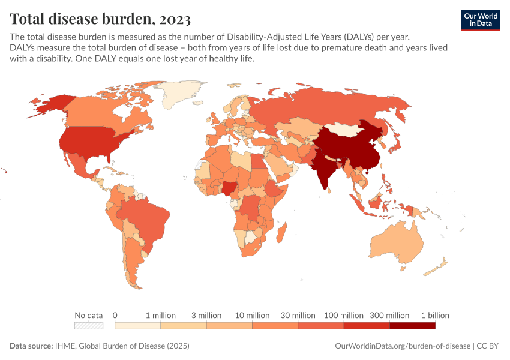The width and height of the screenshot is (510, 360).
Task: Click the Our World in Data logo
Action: tap(480, 20)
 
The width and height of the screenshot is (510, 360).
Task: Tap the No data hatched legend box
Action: tap(88, 326)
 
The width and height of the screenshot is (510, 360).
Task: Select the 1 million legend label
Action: tap(160, 315)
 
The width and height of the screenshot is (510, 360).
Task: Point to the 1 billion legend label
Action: tap(434, 315)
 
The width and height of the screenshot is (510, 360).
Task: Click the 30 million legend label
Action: tap(298, 315)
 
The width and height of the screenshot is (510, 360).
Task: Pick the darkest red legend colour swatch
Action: tap(412, 326)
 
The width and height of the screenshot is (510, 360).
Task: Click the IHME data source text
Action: tap(130, 346)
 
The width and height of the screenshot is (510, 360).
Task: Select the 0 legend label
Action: tap(115, 315)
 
